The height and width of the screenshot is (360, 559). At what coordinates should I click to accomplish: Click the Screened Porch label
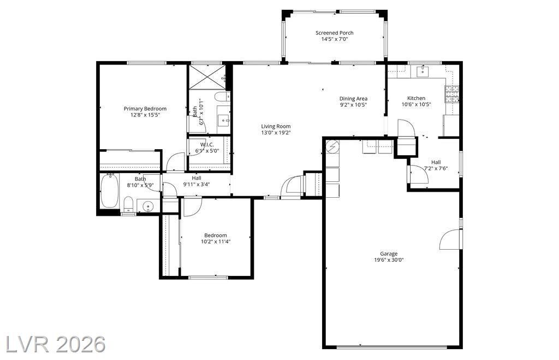tap(335, 33)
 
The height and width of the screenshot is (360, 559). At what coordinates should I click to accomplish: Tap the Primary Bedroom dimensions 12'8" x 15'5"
tap(145, 115)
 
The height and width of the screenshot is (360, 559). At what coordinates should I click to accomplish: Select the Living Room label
tap(276, 126)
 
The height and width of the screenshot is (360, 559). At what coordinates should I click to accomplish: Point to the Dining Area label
tap(353, 98)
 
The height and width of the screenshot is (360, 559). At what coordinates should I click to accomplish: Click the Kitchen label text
tap(416, 98)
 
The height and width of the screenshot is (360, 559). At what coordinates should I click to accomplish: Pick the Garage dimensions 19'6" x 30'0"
tap(389, 260)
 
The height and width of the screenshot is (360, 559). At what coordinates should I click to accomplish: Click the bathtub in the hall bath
tap(109, 191)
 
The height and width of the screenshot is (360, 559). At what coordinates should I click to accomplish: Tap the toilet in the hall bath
tap(128, 205)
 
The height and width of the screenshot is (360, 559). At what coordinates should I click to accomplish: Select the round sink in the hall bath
tap(148, 206)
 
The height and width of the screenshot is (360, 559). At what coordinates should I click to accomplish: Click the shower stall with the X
tap(207, 76)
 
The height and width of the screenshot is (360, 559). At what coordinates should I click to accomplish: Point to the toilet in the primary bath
tap(222, 96)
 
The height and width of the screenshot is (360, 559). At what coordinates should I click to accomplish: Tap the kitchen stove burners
tap(451, 95)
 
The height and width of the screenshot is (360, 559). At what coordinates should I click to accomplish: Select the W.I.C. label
tap(207, 145)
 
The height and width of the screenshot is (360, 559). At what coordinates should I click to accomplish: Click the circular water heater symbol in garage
tap(332, 146)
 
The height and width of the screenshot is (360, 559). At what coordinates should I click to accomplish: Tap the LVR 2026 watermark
tap(56, 344)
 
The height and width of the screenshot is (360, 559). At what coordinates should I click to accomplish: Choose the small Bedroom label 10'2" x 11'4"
tap(216, 238)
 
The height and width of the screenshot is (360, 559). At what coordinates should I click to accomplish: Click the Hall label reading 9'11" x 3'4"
tap(197, 181)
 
